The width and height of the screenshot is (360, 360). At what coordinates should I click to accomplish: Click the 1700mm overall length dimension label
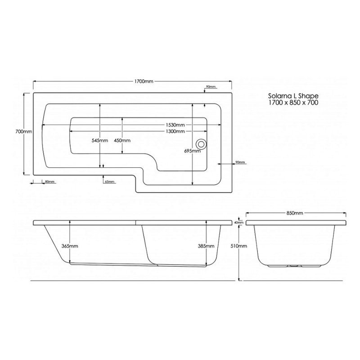pos(144,81)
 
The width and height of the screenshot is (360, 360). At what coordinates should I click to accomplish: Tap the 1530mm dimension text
pos(174,125)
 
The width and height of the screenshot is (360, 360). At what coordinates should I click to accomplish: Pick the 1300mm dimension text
pos(174,131)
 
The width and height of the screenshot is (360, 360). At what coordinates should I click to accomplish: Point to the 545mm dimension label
pos(99,140)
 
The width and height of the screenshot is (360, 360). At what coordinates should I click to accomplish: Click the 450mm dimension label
pos(122,140)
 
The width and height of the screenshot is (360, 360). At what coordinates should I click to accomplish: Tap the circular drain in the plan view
pos(201,144)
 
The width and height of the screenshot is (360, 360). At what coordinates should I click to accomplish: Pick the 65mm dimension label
pos(109,182)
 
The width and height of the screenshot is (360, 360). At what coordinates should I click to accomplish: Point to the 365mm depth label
pos(70,246)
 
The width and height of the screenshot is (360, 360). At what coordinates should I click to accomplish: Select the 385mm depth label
pos(205,246)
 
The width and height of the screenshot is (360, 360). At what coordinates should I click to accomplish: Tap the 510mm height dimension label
pos(240,246)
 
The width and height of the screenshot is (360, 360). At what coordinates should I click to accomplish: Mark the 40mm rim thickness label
pos(239,222)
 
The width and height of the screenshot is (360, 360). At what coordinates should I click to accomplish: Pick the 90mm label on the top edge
pos(211,86)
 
